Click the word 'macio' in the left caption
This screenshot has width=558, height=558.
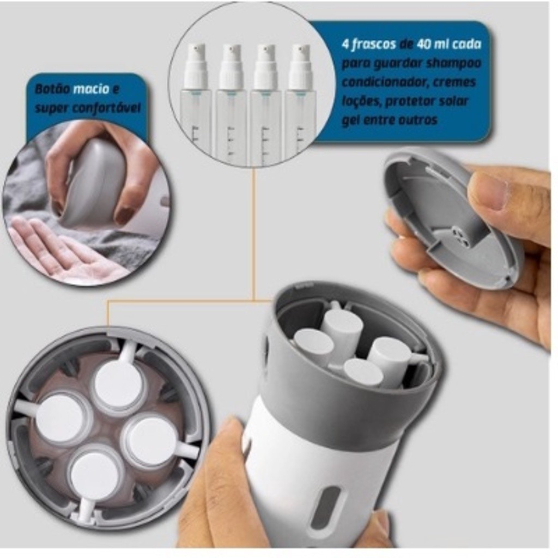point(90,89)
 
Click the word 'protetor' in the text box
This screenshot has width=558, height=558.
point(408,101)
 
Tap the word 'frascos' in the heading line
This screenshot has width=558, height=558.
point(374,44)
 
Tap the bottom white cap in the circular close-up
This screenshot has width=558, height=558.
point(94,475)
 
